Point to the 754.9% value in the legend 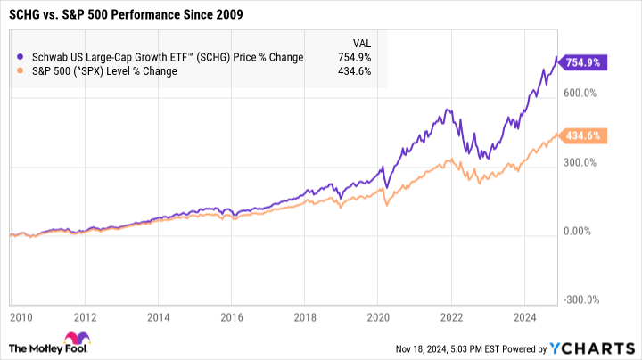click(354, 57)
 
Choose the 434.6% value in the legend click(354, 71)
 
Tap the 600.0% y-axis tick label click(582, 93)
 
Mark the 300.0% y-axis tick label click(582, 162)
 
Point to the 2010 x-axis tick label click(21, 316)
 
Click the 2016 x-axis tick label click(232, 316)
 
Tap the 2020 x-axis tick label click(378, 316)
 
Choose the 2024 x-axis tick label click(524, 316)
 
